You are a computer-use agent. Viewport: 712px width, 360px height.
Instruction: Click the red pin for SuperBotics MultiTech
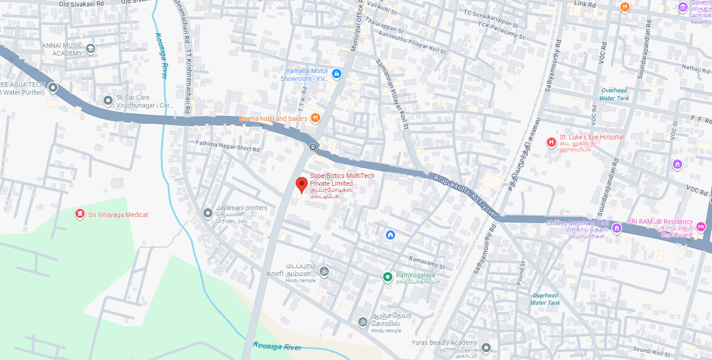(301, 184)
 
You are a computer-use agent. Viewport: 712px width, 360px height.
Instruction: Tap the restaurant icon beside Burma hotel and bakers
(315, 118)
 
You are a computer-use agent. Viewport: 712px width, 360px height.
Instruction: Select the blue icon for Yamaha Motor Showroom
(337, 74)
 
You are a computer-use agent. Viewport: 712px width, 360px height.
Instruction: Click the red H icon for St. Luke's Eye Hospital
(551, 142)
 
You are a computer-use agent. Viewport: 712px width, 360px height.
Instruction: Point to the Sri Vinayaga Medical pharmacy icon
(80, 214)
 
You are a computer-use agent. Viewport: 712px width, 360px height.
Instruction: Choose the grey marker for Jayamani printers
(208, 213)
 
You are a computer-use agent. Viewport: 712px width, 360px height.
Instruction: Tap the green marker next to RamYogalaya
(388, 276)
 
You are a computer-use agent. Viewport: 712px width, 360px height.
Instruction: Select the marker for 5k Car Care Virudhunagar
(108, 100)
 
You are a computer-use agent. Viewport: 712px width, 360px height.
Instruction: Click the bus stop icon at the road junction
(313, 147)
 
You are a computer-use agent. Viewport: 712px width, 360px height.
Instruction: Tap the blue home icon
(390, 235)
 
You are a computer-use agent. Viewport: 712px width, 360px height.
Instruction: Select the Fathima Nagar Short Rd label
(228, 146)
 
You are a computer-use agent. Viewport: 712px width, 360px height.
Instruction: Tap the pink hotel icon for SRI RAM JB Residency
(701, 226)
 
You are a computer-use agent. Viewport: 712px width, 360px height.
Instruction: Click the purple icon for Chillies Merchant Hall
(617, 228)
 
